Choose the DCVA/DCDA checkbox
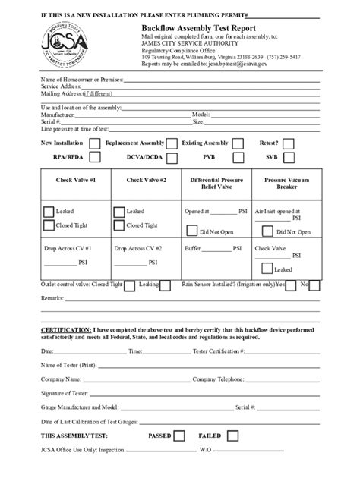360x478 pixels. point(172,158)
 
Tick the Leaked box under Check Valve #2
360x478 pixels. point(119,212)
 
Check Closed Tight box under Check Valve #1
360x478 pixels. point(49,225)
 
